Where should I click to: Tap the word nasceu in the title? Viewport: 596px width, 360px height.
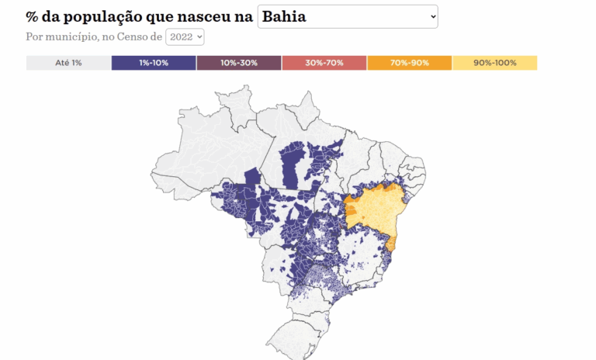point(203,16)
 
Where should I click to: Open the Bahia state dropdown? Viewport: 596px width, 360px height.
point(347,16)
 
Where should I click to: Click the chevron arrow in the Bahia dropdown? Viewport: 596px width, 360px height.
point(431,16)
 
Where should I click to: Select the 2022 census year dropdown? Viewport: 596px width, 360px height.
point(185,36)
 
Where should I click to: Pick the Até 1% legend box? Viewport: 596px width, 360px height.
point(68,63)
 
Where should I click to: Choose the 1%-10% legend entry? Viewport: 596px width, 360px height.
point(154,63)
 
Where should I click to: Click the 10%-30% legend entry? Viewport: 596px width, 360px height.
point(239,63)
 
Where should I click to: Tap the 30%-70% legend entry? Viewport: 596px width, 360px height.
point(324,63)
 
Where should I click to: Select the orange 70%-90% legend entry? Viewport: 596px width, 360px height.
point(409,63)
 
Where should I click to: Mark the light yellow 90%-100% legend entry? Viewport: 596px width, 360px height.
point(494,63)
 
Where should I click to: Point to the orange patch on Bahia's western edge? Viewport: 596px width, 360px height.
point(350,209)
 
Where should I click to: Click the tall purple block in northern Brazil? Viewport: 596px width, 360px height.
point(293,167)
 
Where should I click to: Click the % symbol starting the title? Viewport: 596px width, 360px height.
point(32,16)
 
